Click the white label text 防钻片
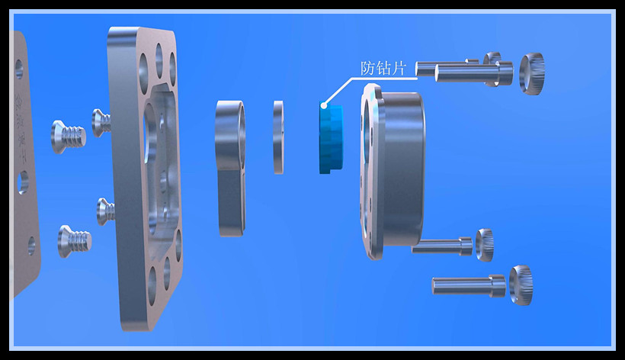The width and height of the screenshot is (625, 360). (383, 68)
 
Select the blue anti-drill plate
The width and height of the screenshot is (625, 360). (331, 138)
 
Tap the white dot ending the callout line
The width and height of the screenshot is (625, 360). (324, 106)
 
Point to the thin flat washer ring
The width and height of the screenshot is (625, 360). (279, 137)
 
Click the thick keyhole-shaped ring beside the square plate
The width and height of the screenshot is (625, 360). (230, 168)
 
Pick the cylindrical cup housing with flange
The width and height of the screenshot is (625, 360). (393, 172)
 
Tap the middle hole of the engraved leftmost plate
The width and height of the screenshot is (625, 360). (23, 182)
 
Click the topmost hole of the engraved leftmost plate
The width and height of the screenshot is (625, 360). (19, 69)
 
